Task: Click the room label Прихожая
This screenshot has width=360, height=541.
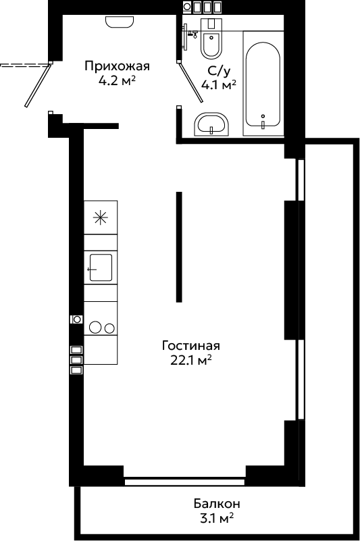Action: [118, 66]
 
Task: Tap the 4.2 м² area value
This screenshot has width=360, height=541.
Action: [117, 80]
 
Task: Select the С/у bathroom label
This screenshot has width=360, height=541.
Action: [218, 71]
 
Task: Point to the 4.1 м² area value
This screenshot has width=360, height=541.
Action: [219, 84]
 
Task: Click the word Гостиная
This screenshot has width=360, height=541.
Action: [191, 345]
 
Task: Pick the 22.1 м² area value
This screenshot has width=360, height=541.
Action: [191, 360]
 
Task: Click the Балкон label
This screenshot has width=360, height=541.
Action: [217, 503]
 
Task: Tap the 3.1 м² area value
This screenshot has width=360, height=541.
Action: [217, 518]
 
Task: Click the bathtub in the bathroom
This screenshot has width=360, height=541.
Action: [263, 84]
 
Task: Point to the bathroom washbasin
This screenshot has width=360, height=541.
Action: [211, 124]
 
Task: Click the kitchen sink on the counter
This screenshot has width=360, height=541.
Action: [101, 267]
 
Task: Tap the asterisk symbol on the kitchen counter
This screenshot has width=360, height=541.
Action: [101, 217]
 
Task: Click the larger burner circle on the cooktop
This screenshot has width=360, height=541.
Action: [95, 327]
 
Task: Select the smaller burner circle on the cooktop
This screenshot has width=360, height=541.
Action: [110, 328]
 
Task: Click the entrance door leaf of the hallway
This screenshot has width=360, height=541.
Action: [38, 85]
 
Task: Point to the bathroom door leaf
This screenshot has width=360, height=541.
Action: [191, 82]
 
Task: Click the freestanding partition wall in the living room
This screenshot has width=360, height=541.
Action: [179, 247]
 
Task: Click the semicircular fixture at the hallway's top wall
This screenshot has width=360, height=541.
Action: [119, 22]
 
